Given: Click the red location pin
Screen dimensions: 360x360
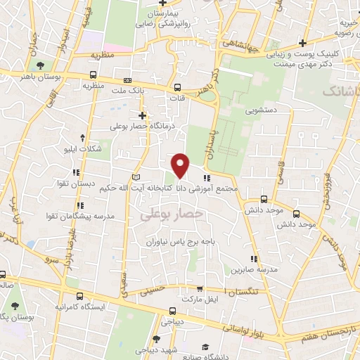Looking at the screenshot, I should pos(181,165).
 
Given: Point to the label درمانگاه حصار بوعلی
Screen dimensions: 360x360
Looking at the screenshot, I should pos(146,127).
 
